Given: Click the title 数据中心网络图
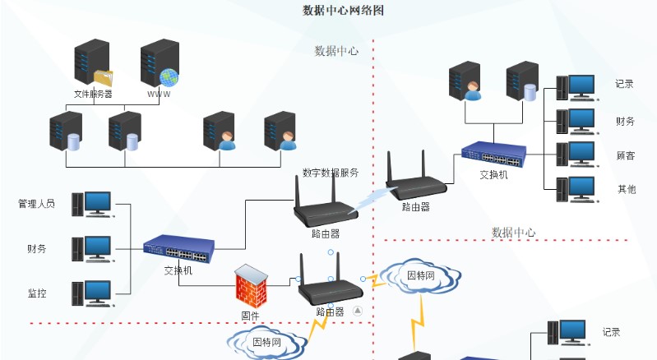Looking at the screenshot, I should coord(344,11).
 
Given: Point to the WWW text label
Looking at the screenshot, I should coord(159,94).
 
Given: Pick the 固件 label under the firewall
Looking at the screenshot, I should coord(250,316).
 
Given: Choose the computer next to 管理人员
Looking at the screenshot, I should coord(90,204).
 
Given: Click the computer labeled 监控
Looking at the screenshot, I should coord(90,293).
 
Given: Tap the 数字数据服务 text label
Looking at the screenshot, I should coord(330,173).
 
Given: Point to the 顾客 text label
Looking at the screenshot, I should coord(626,155).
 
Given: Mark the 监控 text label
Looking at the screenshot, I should coord(36,293).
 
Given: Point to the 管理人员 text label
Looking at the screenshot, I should coord(36,203).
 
